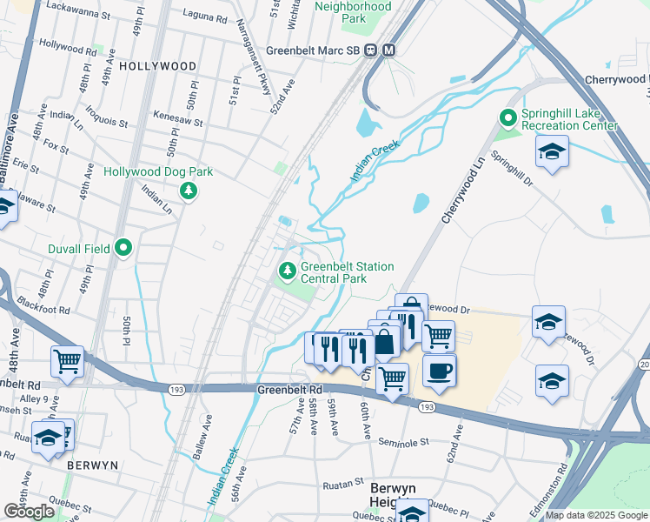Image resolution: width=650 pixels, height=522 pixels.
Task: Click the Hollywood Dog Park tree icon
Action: click(187, 190)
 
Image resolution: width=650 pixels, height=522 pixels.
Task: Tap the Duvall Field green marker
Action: click(123, 249)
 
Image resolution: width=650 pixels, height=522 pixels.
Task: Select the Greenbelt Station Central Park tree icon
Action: click(286, 272)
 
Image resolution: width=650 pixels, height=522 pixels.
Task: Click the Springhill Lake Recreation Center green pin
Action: click(507, 117)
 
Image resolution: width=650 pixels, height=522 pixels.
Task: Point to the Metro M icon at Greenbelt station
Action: click(388, 50)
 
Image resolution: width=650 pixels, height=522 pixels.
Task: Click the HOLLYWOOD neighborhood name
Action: click(157, 66)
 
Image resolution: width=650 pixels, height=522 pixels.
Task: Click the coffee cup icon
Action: click(439, 371)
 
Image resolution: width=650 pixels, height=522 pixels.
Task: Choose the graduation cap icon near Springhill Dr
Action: click(553, 153)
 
